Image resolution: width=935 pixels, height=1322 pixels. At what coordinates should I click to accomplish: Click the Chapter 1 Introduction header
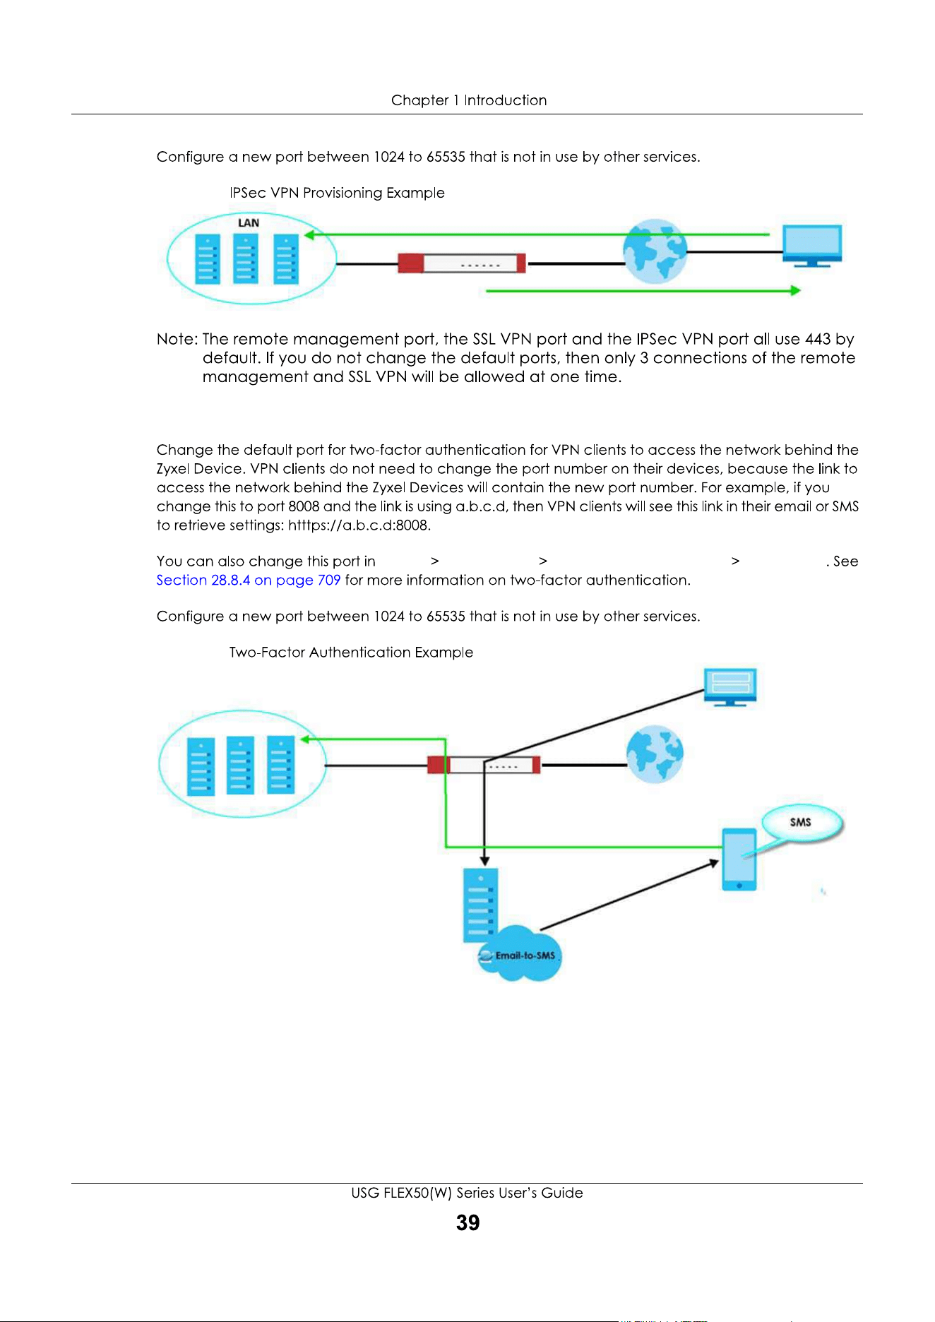click(469, 100)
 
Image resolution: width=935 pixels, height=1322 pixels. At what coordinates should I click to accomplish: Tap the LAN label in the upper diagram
click(249, 223)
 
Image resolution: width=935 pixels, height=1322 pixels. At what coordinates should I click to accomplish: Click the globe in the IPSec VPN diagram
click(655, 251)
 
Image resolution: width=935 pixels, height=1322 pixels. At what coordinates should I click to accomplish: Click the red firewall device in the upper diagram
click(462, 263)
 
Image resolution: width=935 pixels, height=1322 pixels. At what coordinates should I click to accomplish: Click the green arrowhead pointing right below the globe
click(795, 290)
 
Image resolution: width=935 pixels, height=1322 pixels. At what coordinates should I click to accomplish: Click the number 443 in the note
click(818, 339)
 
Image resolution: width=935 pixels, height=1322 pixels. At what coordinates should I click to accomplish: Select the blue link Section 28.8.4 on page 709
click(249, 580)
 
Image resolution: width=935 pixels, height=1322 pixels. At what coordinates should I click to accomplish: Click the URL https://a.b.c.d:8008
click(359, 525)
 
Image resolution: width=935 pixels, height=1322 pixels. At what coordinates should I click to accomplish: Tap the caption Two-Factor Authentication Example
click(351, 653)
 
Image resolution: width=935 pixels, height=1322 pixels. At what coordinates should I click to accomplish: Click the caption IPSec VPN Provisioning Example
click(337, 193)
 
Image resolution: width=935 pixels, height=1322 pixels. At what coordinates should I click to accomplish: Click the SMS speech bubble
click(802, 823)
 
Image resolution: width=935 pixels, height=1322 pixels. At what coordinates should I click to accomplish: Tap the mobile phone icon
click(739, 859)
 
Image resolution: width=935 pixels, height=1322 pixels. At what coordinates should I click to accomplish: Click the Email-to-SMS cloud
click(520, 954)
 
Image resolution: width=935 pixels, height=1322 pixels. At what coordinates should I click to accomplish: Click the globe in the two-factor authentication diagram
click(655, 754)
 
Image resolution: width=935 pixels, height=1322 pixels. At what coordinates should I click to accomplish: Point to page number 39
click(467, 1222)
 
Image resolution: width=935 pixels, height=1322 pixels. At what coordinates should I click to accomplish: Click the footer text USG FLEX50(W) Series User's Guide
click(467, 1193)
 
